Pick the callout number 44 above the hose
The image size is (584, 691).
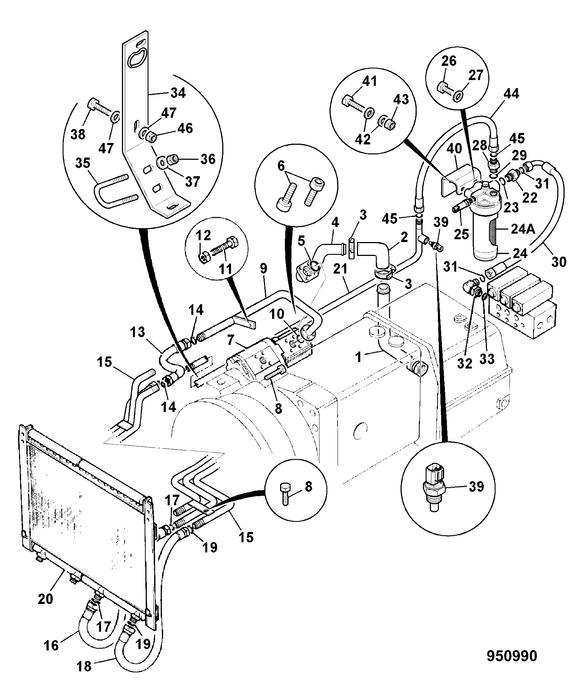(x=511, y=94)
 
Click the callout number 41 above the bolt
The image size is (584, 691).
(x=369, y=81)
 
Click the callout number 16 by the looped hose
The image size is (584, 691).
(x=52, y=645)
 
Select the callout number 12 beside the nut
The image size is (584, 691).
(x=204, y=236)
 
